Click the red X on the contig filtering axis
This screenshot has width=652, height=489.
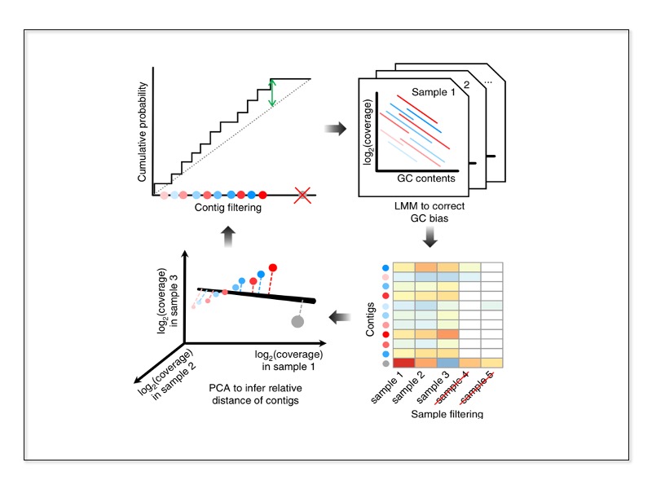pos(302,195)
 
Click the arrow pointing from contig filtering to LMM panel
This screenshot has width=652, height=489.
pos(334,130)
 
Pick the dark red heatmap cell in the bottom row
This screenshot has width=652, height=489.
pos(404,363)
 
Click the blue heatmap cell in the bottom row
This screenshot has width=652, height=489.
pos(448,363)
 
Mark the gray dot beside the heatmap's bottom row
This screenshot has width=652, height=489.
pos(385,363)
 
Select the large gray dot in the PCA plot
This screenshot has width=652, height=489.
pos(297,323)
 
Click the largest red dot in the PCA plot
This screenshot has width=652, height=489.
pos(273,267)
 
